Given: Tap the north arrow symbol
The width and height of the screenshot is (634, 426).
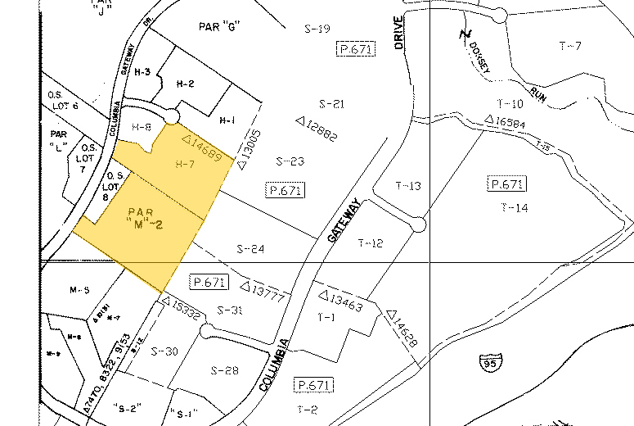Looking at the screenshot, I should click(465, 34).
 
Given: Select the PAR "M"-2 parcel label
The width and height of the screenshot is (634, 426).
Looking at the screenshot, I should click(141, 218).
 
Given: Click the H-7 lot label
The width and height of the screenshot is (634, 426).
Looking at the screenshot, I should click(184, 165).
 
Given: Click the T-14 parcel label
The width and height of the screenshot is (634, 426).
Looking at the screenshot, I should click(513, 208).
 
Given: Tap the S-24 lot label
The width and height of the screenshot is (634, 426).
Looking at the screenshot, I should click(251, 249).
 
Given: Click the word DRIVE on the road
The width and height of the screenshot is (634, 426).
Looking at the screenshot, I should click(400, 33).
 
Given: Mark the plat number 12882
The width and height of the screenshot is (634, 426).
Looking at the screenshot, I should click(317, 128).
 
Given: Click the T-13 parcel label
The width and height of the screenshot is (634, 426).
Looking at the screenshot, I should click(407, 186).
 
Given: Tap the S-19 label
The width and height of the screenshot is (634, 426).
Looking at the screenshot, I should click(317, 29).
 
